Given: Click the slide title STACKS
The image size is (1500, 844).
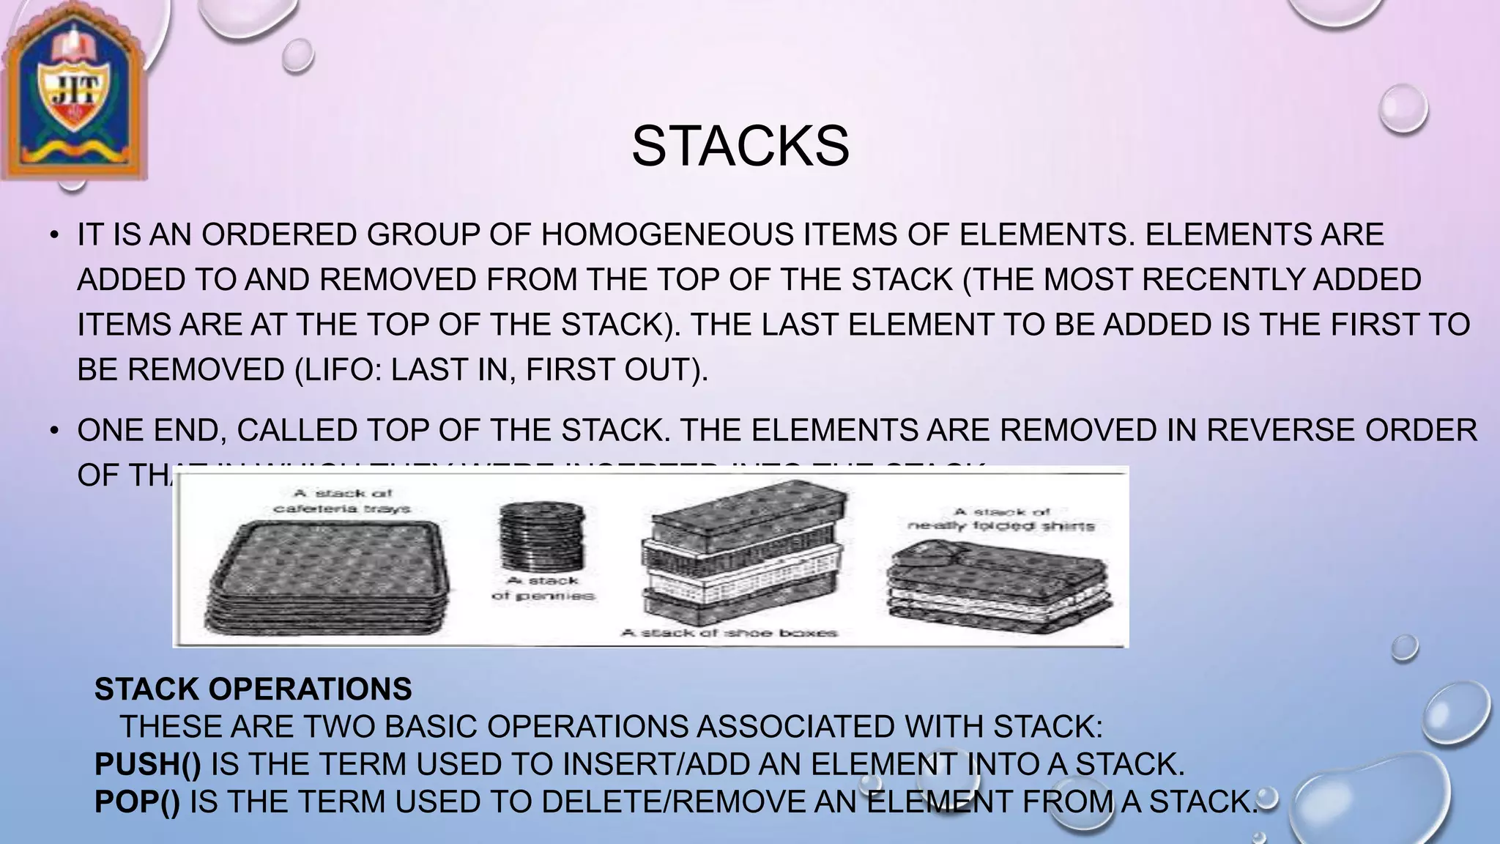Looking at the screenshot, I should pos(740,146).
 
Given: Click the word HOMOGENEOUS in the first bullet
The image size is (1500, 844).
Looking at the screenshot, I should pos(667,235).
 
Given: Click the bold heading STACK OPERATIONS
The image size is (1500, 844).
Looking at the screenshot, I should pos(253,689).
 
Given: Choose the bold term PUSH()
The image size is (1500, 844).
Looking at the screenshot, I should pos(148,764).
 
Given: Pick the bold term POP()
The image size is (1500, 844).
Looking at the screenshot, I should pos(137,802).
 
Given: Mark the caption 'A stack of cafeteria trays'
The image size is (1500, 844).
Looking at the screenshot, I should pos(342,501).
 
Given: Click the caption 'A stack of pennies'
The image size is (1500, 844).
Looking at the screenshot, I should pos(543,588).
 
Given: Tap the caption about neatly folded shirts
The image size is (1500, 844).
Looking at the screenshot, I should pos(1001,519).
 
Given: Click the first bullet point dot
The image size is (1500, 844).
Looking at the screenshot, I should pos(54,236).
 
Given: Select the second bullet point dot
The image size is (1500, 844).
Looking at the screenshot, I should pos(54,432).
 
